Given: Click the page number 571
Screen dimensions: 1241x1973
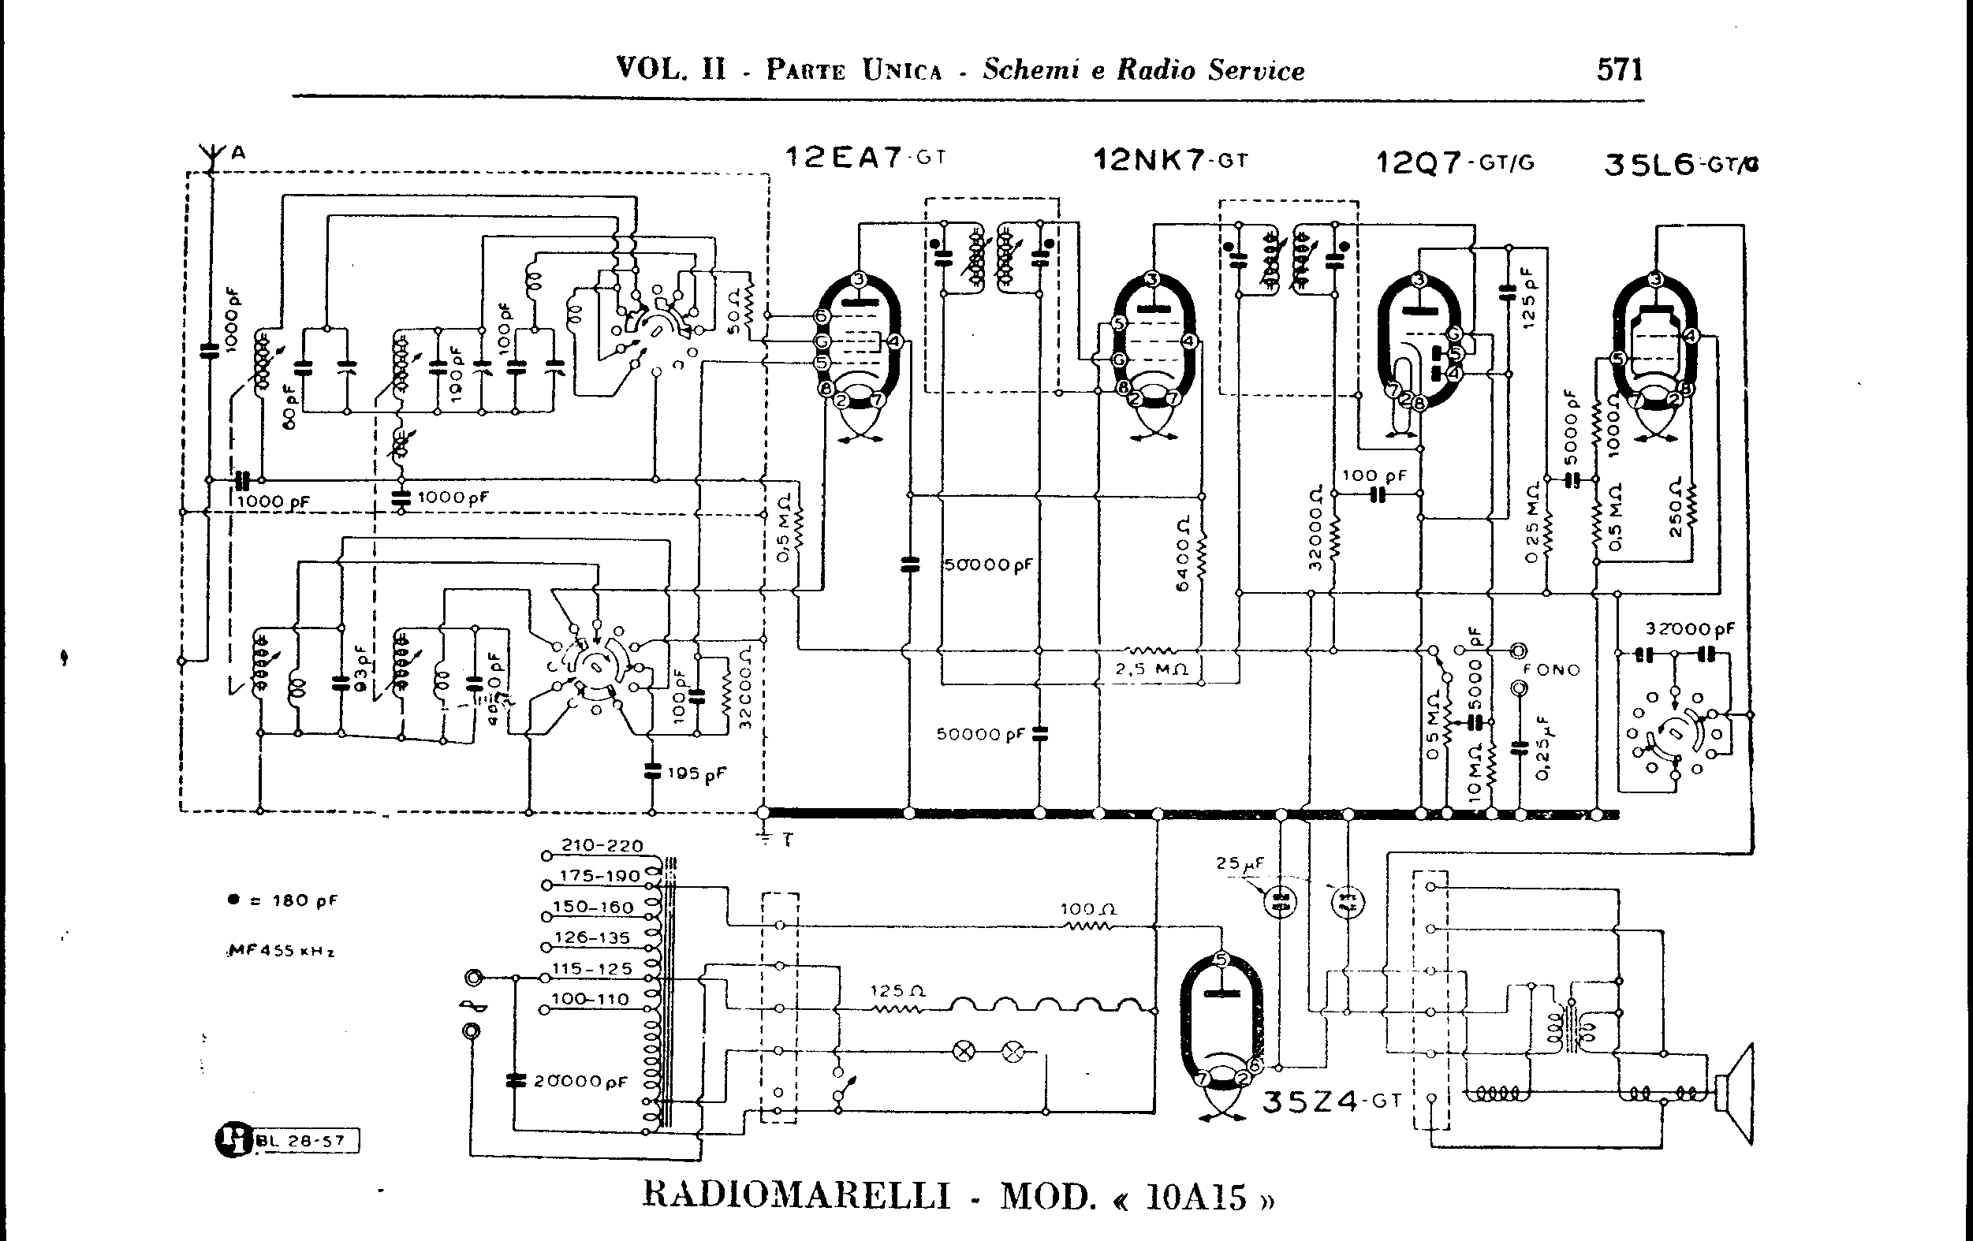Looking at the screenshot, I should click(1619, 69).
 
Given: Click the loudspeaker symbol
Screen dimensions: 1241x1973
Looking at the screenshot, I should click(1736, 1094).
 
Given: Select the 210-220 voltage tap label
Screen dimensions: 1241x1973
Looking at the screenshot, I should click(602, 845).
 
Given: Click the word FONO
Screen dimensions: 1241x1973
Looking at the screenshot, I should click(1552, 669).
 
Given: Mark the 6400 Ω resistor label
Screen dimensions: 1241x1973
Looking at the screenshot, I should click(1182, 554).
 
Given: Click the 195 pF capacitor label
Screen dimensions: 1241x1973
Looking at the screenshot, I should click(696, 773).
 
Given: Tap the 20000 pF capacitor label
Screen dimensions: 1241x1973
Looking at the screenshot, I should click(580, 1081).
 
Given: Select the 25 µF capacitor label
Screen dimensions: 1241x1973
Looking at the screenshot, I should click(1240, 863).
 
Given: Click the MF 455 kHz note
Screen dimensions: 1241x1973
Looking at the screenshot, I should click(281, 951).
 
